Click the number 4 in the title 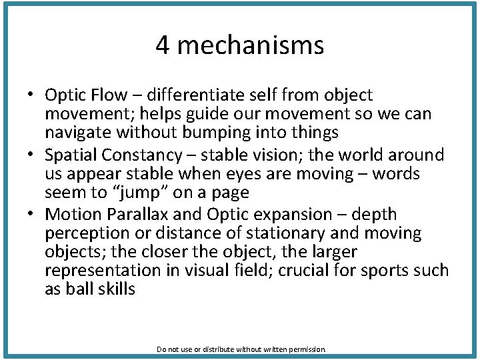coord(162,46)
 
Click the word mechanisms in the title coord(250,46)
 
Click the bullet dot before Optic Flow coord(31,96)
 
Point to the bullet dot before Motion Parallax coord(31,215)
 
